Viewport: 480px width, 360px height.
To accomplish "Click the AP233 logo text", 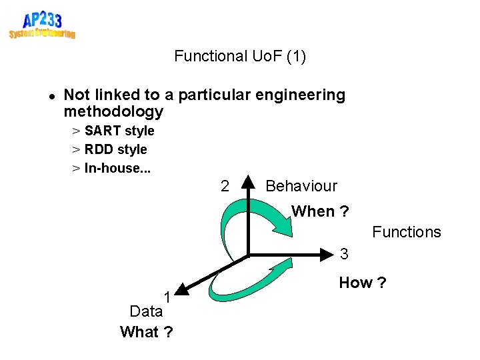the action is [x=42, y=19].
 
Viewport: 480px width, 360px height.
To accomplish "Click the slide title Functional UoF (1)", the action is [x=240, y=56].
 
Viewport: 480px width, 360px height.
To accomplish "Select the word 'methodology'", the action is [x=113, y=111].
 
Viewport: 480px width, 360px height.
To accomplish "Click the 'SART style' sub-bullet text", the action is [x=119, y=131].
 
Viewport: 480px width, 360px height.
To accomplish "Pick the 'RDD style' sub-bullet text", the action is [x=115, y=149].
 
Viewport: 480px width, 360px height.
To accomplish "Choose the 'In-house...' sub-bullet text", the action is [x=117, y=168].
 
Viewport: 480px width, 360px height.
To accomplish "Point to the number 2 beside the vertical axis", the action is [x=225, y=186].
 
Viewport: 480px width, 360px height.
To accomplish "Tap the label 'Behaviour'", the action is [x=301, y=186].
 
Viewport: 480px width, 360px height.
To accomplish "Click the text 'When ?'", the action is [x=320, y=211].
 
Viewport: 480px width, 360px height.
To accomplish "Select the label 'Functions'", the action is [x=407, y=232].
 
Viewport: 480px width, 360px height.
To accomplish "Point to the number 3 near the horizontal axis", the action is [x=344, y=254].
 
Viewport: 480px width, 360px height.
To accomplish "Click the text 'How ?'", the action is [x=362, y=283].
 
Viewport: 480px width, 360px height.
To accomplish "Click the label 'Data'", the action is [x=146, y=311].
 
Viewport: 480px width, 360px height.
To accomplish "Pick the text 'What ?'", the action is [x=146, y=332].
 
